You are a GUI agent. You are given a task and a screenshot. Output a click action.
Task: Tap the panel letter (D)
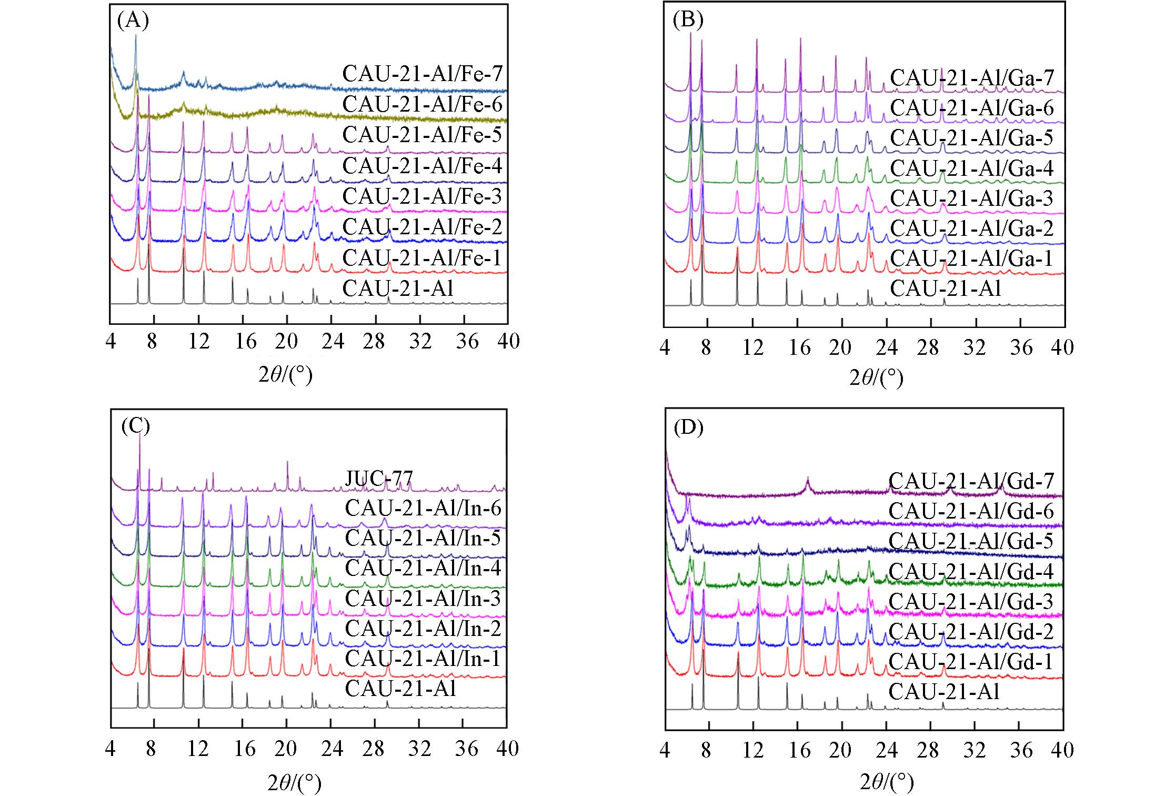688,429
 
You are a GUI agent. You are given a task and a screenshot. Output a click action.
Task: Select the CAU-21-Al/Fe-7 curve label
422,74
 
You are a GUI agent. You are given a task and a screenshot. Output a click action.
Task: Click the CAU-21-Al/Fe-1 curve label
422,258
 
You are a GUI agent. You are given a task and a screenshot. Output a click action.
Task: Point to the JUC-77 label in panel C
379,479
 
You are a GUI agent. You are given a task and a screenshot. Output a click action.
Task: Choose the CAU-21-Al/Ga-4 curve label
971,169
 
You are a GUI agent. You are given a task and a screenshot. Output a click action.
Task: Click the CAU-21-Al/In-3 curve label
423,599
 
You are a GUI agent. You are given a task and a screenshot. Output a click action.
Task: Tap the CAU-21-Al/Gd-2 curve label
971,631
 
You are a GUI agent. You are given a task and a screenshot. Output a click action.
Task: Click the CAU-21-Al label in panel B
945,289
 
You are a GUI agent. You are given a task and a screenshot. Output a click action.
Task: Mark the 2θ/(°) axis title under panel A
285,375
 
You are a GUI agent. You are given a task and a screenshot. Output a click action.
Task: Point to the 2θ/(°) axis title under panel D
887,782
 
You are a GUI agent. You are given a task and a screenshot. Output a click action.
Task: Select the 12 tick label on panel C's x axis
198,748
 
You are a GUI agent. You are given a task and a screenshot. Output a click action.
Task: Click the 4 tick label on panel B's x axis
665,348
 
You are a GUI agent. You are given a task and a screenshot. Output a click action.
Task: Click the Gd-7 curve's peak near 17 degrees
808,479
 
